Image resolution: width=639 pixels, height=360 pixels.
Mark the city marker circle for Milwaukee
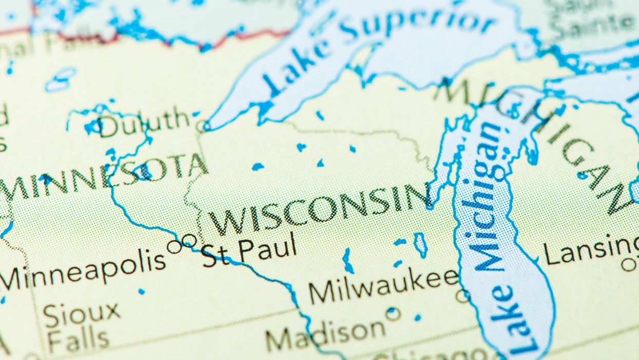[462, 295]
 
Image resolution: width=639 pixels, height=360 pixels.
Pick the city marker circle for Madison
[393, 313]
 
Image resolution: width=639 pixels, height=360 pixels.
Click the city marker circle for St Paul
[189, 240]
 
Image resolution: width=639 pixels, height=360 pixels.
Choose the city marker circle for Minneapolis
[175, 247]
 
